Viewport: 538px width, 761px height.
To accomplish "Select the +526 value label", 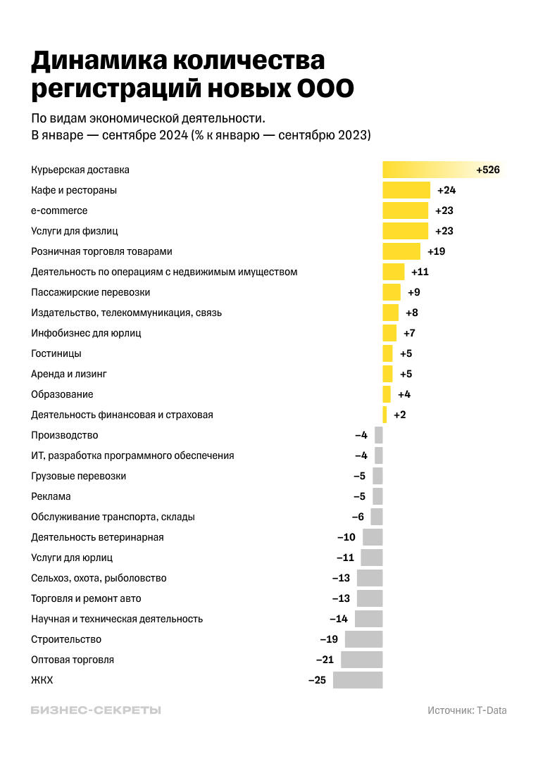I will pos(487,170).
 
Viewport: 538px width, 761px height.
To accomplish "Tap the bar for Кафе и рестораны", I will pos(406,190).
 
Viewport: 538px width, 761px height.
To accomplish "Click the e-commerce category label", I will pos(59,210).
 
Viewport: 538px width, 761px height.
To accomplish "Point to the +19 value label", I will pos(437,251).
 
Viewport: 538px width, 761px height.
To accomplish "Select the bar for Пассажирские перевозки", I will pos(392,292).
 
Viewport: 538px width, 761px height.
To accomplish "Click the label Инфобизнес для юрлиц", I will pos(86,333).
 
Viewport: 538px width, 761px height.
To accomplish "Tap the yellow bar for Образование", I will pos(387,394).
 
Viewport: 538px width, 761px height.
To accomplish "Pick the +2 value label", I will pos(399,415).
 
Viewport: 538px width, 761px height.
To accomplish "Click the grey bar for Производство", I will pos(379,435).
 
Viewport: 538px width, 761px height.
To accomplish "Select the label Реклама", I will pos(51,496).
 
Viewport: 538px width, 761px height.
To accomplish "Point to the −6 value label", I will pos(358,517).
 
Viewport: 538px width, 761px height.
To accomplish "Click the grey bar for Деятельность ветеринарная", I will pos(373,537).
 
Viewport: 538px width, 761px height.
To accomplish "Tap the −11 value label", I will pos(345,558).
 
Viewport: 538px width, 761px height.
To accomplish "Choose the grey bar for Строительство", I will pos(363,639).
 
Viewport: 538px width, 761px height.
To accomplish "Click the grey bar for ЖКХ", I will pos(358,680).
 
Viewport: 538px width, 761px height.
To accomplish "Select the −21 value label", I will pos(325,660).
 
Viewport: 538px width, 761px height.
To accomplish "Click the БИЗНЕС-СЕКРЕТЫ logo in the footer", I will pos(96,710).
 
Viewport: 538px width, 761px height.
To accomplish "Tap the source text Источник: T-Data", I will pos(467,710).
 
